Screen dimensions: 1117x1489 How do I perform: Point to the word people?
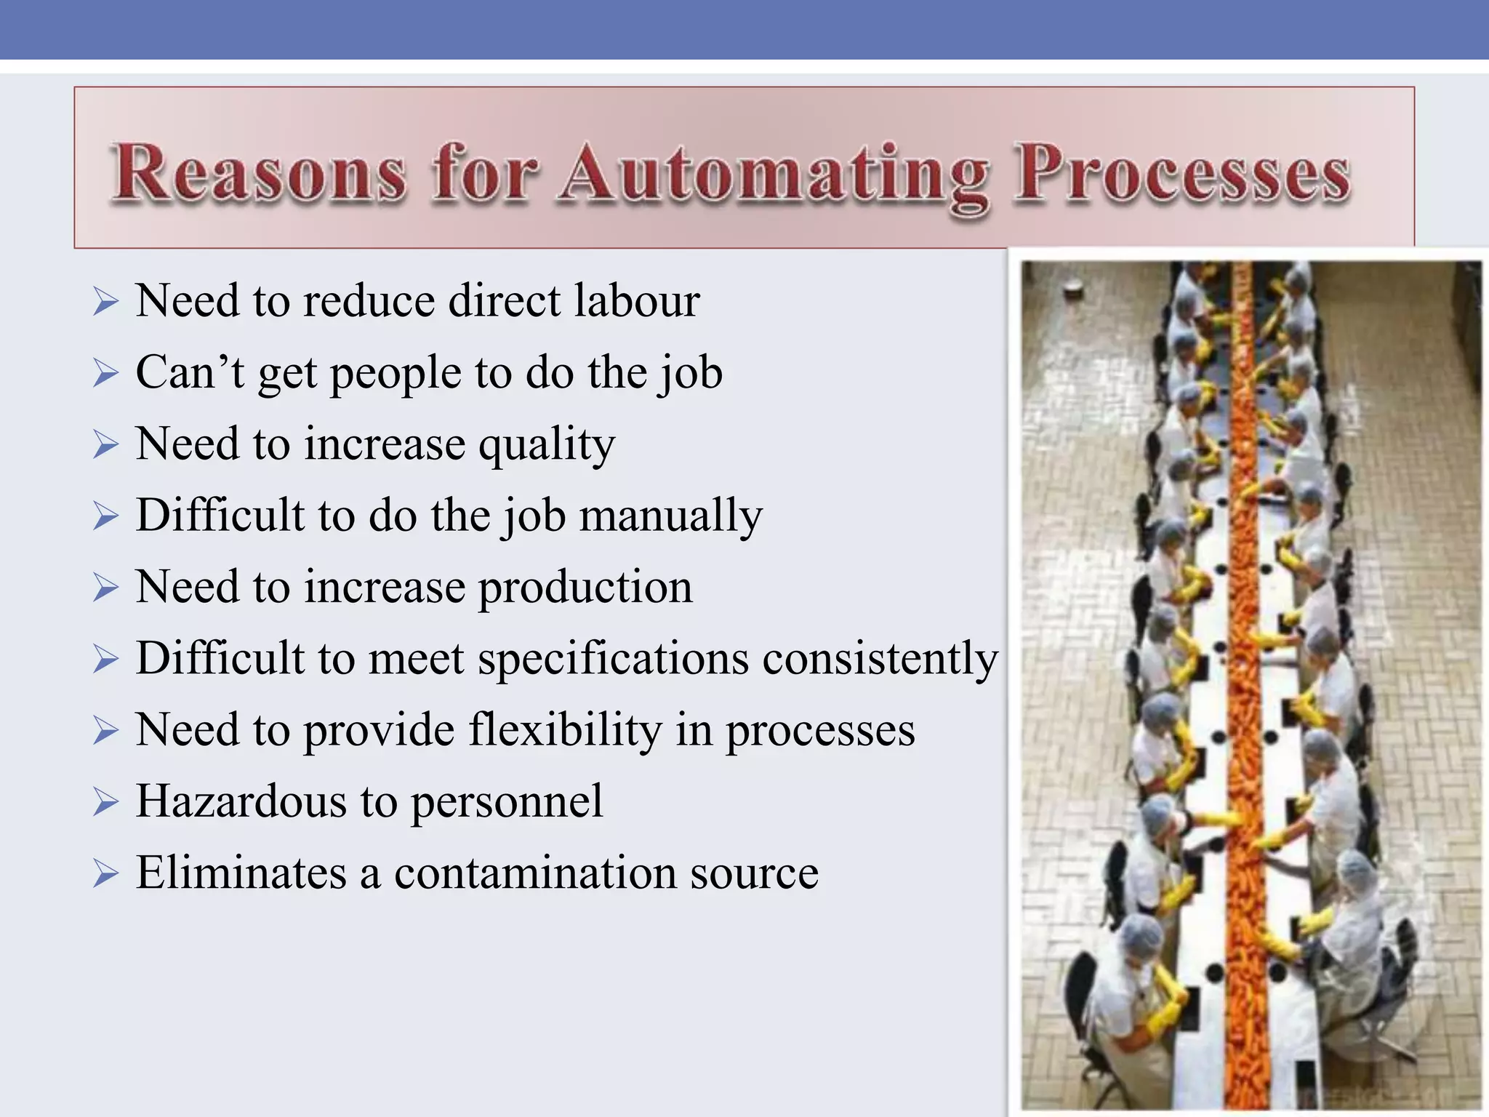click(x=396, y=374)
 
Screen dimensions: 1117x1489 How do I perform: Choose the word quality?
click(x=547, y=445)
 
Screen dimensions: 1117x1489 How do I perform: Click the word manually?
click(x=671, y=516)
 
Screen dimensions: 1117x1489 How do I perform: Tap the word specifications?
click(x=613, y=659)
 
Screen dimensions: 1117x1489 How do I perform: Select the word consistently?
click(x=880, y=659)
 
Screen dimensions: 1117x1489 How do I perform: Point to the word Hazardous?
click(x=241, y=801)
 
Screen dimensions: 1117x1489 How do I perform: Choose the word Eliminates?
click(x=241, y=873)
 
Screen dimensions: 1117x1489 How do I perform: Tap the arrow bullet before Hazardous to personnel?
click(x=105, y=803)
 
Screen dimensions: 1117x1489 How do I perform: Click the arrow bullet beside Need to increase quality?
click(x=105, y=445)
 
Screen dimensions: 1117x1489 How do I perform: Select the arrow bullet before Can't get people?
click(x=105, y=374)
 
